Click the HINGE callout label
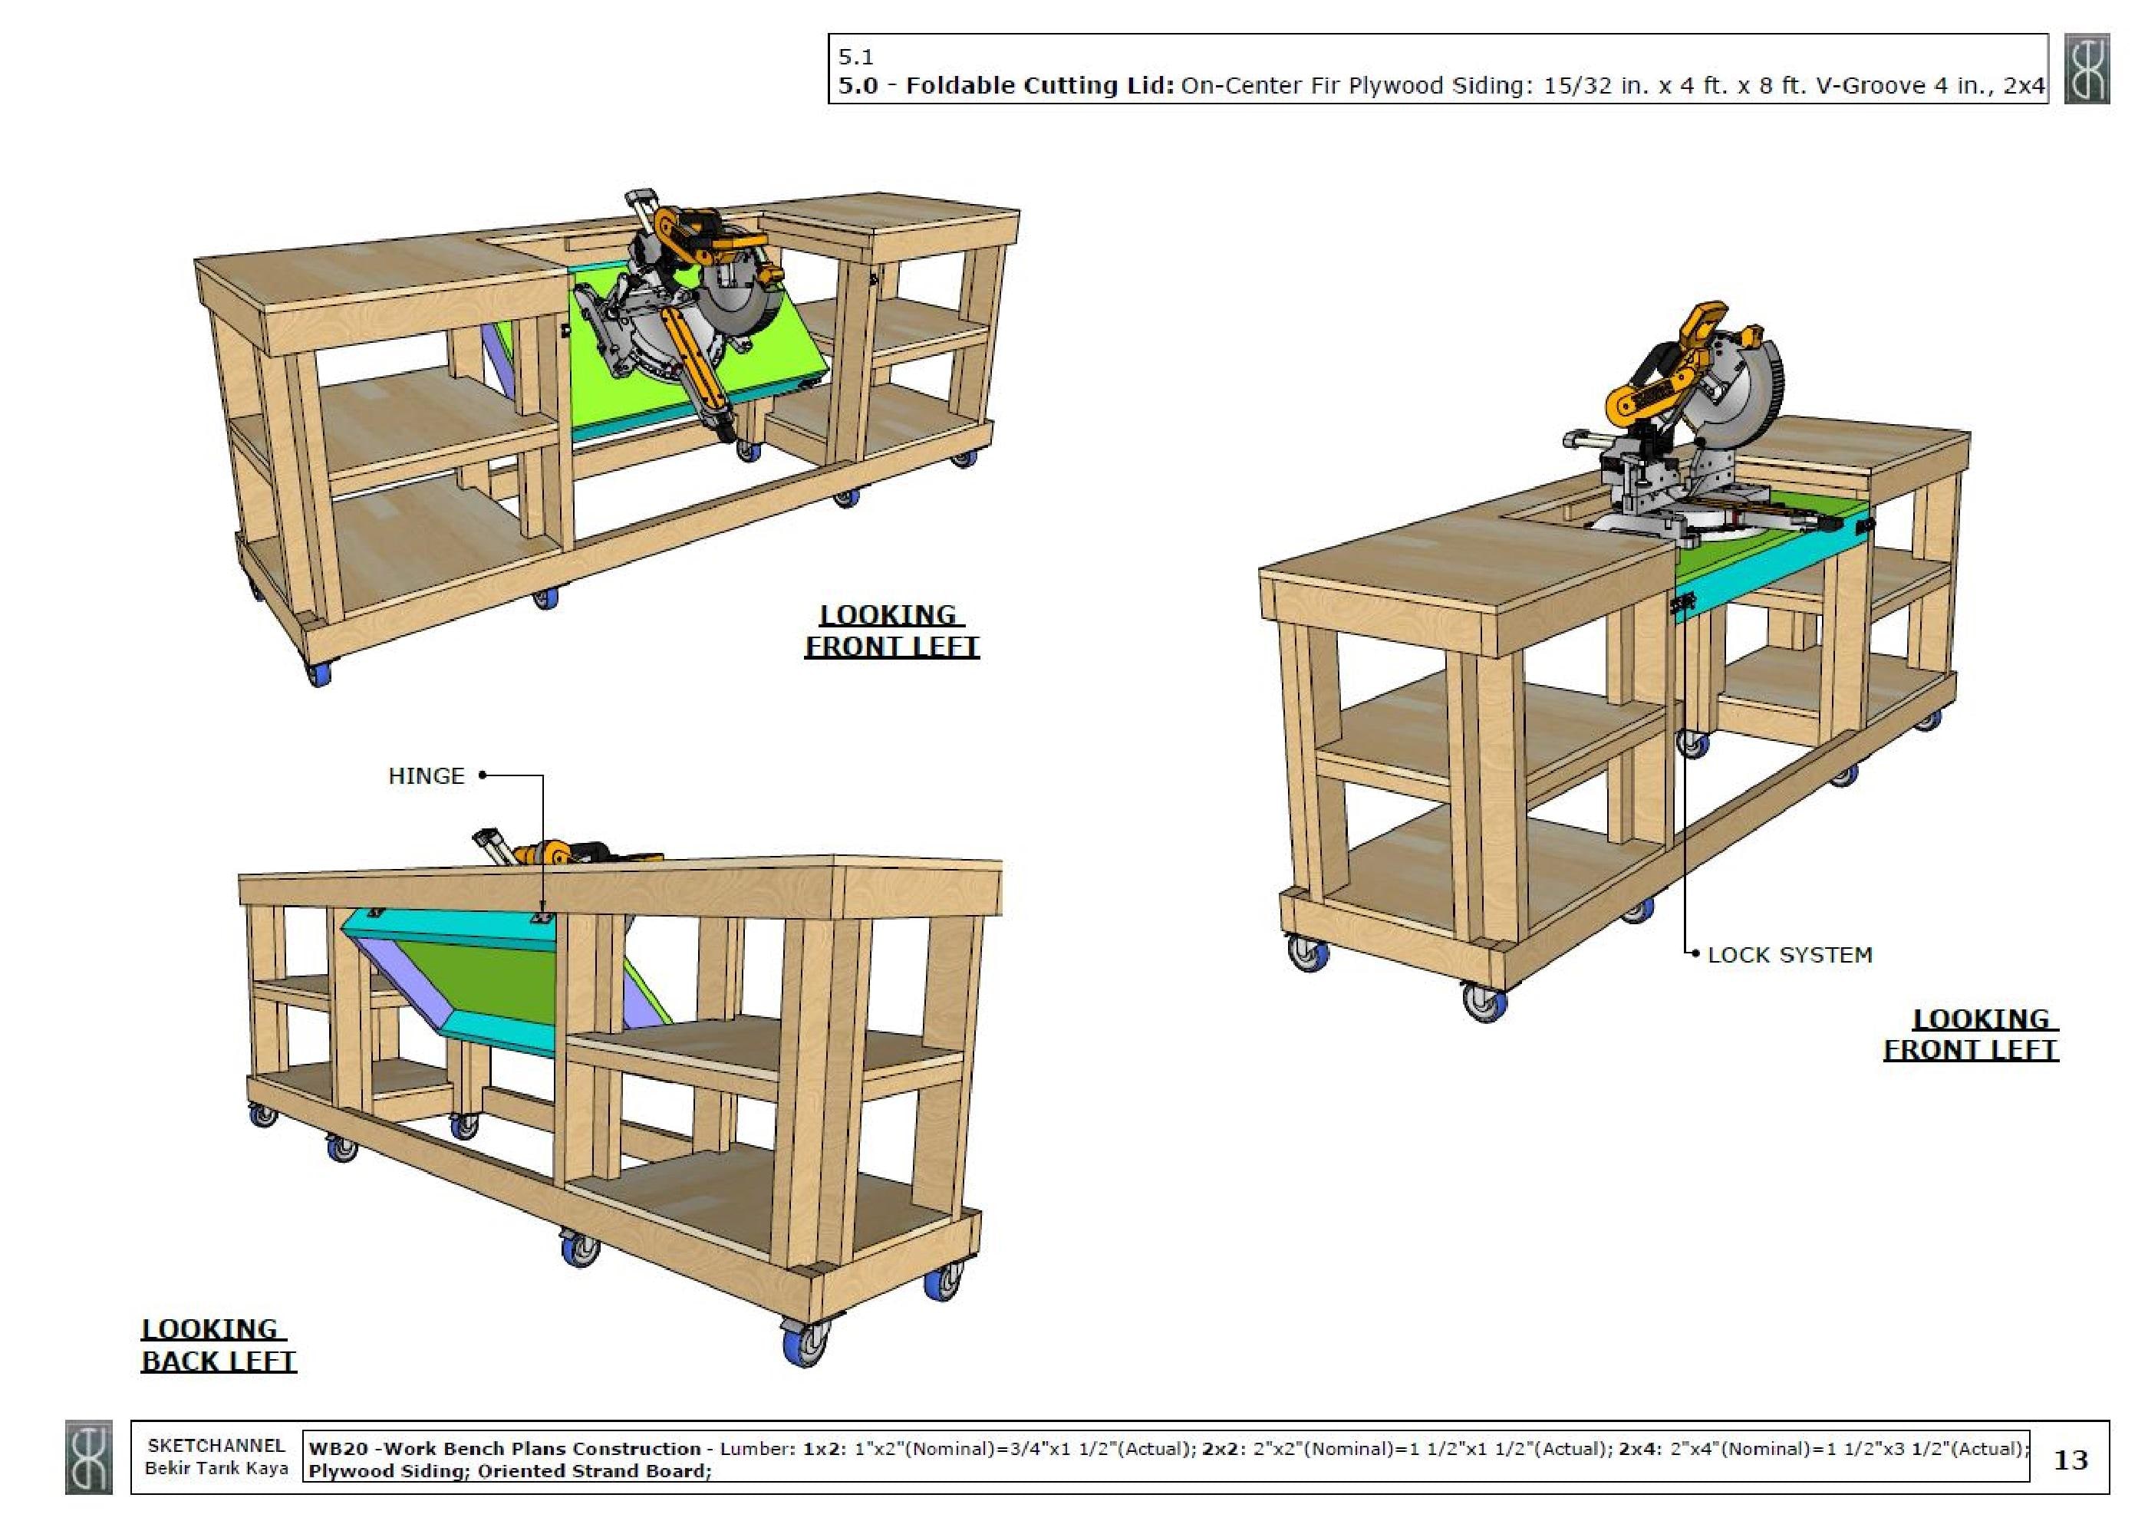pyautogui.click(x=426, y=776)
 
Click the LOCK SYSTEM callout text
pyautogui.click(x=1789, y=955)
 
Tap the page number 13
pyautogui.click(x=2070, y=1460)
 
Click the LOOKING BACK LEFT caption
pyautogui.click(x=217, y=1345)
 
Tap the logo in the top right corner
pyautogui.click(x=2086, y=69)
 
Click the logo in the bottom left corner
pyautogui.click(x=89, y=1457)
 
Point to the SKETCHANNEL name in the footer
pyautogui.click(x=216, y=1446)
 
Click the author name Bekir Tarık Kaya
pyautogui.click(x=216, y=1469)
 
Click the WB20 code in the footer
pyautogui.click(x=330, y=1449)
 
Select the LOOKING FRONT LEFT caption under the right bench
pyautogui.click(x=1971, y=1035)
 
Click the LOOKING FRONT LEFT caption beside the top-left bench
pyautogui.click(x=891, y=630)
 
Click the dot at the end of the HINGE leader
pyautogui.click(x=483, y=776)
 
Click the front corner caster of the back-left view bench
pyautogui.click(x=805, y=1341)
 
